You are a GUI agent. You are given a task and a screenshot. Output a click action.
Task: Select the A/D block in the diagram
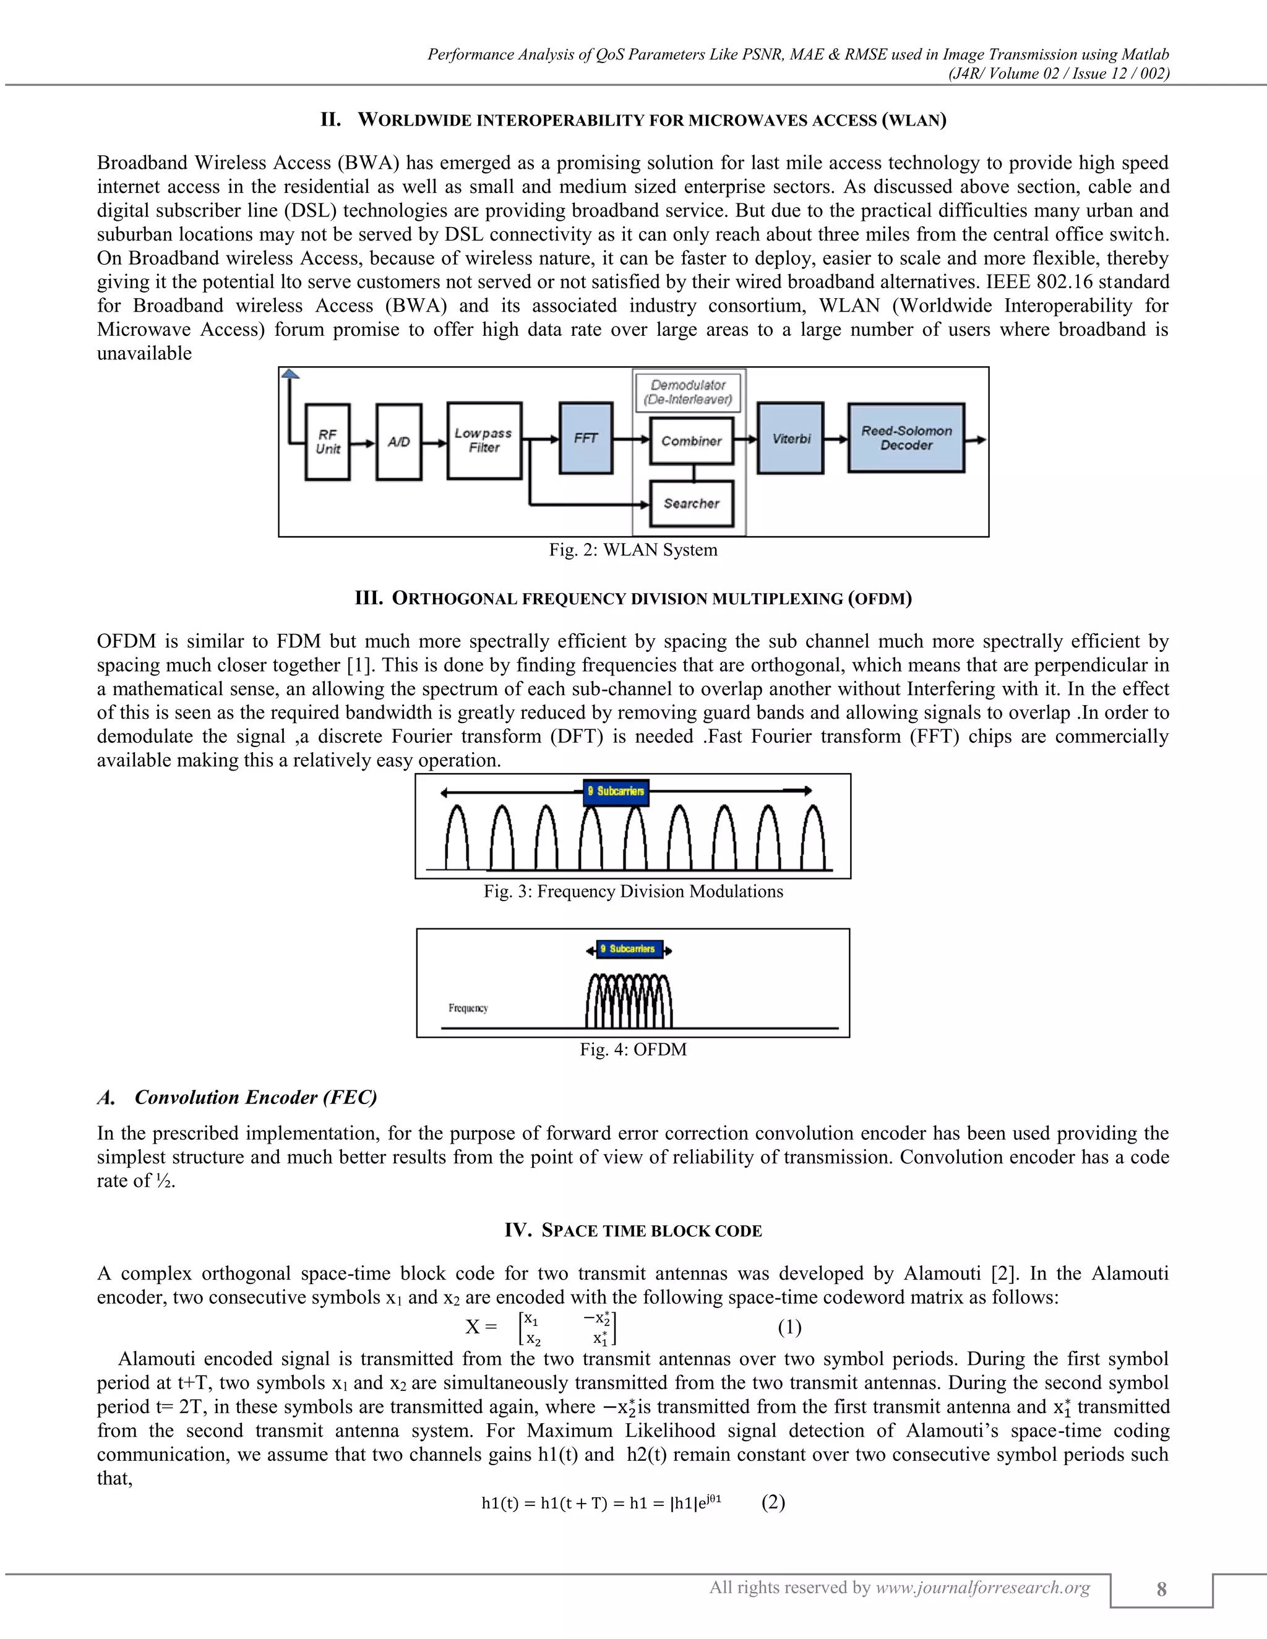[398, 442]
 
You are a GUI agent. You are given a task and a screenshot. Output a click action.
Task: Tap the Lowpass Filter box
[484, 440]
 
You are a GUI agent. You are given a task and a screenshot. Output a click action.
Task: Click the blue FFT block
[585, 439]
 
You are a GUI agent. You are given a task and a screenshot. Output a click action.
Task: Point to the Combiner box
[691, 441]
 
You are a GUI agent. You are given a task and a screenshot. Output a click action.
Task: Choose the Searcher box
[691, 503]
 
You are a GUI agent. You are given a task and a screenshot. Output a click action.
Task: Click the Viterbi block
[791, 439]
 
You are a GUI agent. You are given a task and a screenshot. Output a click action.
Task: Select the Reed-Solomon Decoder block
[906, 439]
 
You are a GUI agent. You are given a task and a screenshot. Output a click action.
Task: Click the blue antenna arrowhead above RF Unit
[290, 374]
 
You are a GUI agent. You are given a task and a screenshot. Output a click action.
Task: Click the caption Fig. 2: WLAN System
[633, 550]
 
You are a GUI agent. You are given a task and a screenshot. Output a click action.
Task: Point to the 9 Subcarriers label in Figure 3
[616, 791]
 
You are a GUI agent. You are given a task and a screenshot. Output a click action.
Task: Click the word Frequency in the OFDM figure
[468, 1008]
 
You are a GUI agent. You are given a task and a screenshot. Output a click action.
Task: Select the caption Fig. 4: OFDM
[633, 1049]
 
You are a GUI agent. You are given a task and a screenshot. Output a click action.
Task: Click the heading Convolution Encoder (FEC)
[256, 1097]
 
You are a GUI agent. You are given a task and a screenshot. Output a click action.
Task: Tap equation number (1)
[789, 1327]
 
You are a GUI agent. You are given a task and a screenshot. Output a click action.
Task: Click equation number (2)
[773, 1502]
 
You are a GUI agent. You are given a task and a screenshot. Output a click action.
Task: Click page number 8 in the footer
[1161, 1589]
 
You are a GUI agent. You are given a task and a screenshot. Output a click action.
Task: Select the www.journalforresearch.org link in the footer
[982, 1587]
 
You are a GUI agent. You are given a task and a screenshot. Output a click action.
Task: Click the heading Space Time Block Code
[633, 1230]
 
